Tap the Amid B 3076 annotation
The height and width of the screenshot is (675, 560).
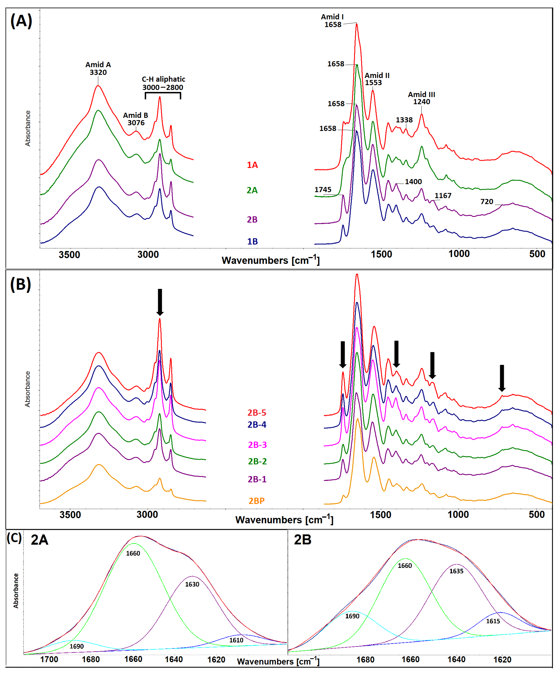click(x=136, y=119)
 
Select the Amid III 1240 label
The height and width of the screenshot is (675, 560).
click(x=422, y=98)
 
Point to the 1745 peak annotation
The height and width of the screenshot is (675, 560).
click(x=323, y=190)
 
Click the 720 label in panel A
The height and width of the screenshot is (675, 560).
click(x=487, y=202)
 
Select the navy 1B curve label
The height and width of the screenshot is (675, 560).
click(x=252, y=241)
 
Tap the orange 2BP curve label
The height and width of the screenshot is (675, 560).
click(x=256, y=501)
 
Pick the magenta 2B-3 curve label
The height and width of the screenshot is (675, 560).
click(x=257, y=445)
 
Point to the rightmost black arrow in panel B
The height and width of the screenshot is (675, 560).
click(x=502, y=378)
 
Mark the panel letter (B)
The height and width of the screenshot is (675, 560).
click(x=21, y=284)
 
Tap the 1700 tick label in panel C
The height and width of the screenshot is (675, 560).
click(x=49, y=660)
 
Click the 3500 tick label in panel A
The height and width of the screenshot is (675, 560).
click(x=69, y=255)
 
